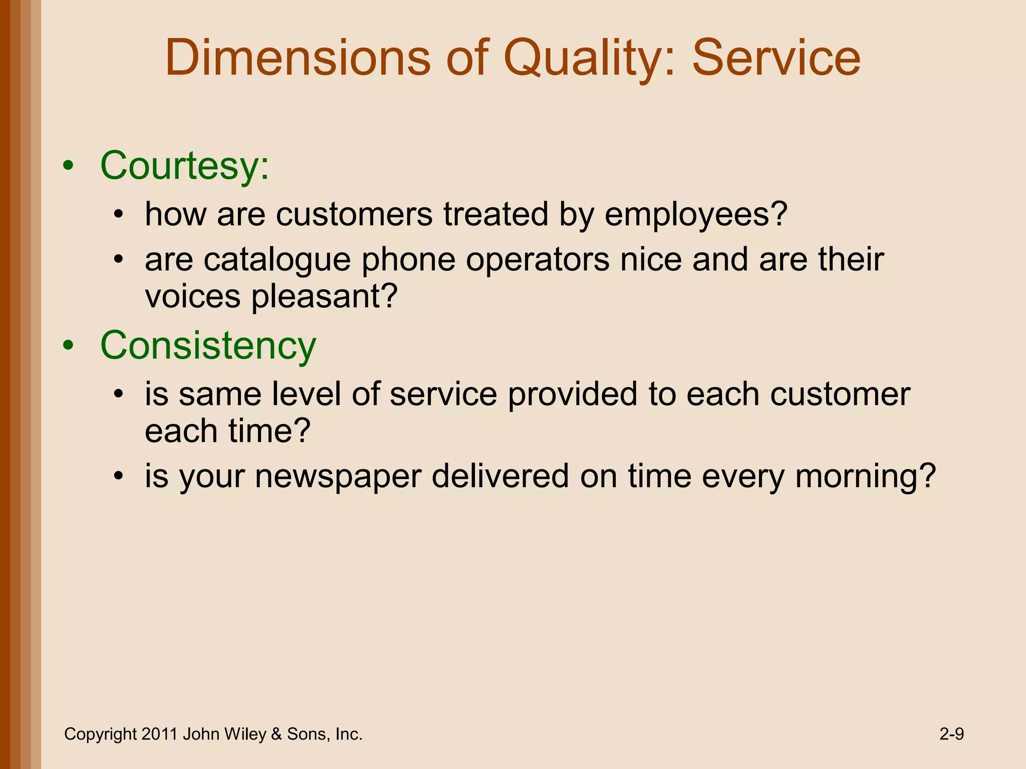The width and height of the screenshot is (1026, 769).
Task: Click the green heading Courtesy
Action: tap(184, 166)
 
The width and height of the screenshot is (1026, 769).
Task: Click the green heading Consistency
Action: tap(208, 345)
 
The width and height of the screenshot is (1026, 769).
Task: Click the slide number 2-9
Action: tap(951, 734)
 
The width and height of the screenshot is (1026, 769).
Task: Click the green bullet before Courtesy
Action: tap(69, 166)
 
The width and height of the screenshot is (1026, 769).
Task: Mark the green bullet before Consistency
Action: tap(69, 346)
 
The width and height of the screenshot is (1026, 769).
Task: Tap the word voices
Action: tap(193, 296)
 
